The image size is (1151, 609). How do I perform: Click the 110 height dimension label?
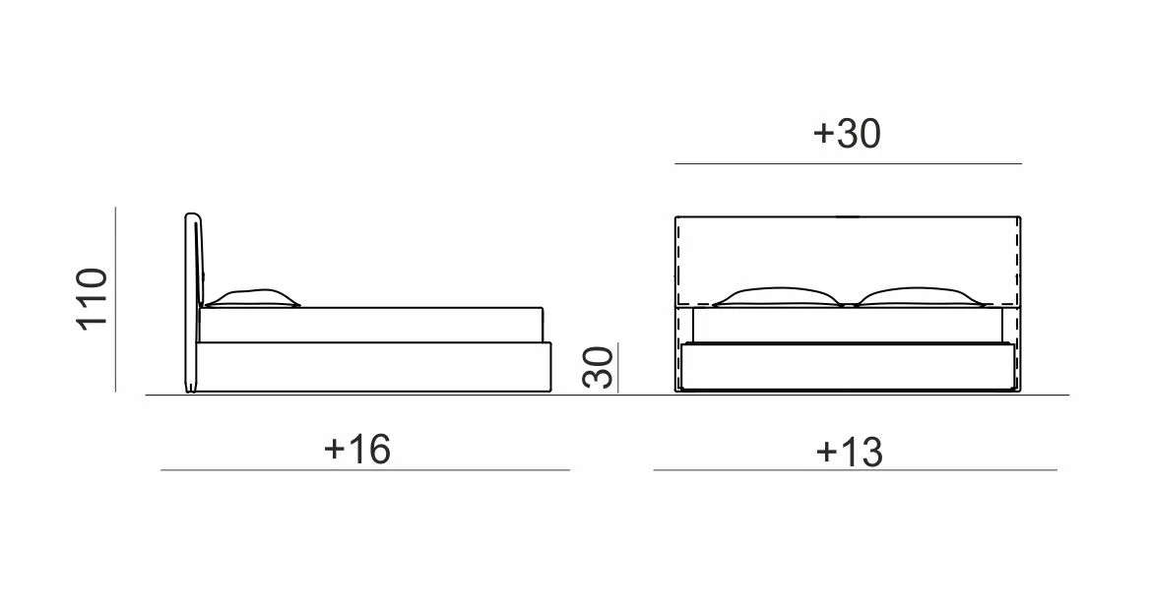93,299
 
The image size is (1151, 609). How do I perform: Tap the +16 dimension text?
357,449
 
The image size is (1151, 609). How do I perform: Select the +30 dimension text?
847,134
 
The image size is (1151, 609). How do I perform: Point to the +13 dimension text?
850,452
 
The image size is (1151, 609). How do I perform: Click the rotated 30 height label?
598,367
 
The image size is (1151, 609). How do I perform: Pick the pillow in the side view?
252,297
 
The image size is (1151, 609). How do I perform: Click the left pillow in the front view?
778,296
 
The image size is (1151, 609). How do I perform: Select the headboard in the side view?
193,302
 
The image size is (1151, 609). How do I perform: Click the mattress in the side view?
371,325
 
